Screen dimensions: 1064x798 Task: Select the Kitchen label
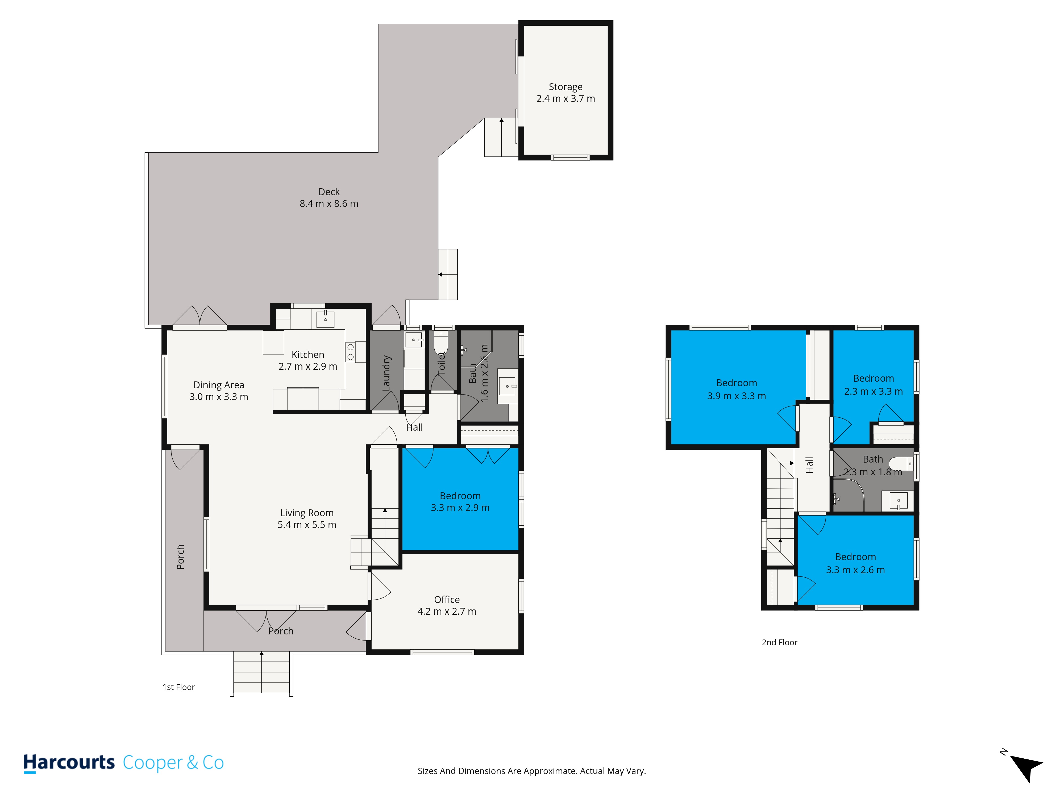click(308, 355)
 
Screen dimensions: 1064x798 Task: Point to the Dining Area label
click(219, 385)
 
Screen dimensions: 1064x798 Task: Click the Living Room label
click(307, 513)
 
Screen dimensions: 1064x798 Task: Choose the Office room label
click(447, 599)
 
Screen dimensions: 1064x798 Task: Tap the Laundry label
click(386, 373)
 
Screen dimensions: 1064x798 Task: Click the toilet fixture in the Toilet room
click(441, 343)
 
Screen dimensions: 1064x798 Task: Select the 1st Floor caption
click(178, 687)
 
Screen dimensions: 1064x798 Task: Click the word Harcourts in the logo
click(69, 762)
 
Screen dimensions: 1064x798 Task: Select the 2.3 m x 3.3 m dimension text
click(874, 392)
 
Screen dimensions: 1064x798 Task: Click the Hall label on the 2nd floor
click(809, 465)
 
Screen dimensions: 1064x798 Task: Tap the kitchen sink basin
click(326, 318)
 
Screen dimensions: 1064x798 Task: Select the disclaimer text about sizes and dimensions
click(531, 771)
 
